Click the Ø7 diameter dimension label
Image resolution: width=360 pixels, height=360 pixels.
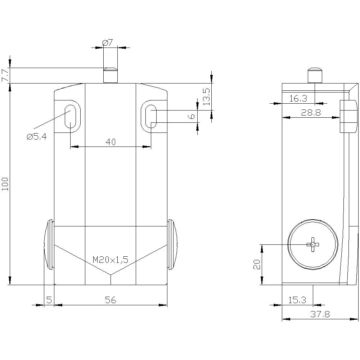tap(108, 43)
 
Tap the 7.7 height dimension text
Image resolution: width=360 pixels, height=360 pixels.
tap(5, 75)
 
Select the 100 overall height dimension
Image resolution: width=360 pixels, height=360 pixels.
tap(5, 184)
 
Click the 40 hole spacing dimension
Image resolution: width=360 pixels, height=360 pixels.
tap(111, 142)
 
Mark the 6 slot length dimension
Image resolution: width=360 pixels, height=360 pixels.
tap(192, 116)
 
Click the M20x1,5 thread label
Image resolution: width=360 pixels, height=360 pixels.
tap(111, 260)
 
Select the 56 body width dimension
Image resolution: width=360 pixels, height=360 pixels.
tap(111, 300)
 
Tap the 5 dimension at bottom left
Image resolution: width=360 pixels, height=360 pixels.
tap(49, 300)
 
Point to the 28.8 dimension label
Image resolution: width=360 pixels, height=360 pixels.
tap(311, 113)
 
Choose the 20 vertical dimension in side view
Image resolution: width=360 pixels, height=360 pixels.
tap(256, 265)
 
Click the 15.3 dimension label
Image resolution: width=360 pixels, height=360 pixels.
tap(297, 300)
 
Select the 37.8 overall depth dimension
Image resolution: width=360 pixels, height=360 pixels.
tap(320, 314)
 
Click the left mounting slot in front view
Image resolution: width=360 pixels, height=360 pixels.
tap(70, 116)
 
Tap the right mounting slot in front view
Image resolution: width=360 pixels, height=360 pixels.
tap(151, 116)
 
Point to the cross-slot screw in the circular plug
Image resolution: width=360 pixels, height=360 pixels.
tap(312, 244)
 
